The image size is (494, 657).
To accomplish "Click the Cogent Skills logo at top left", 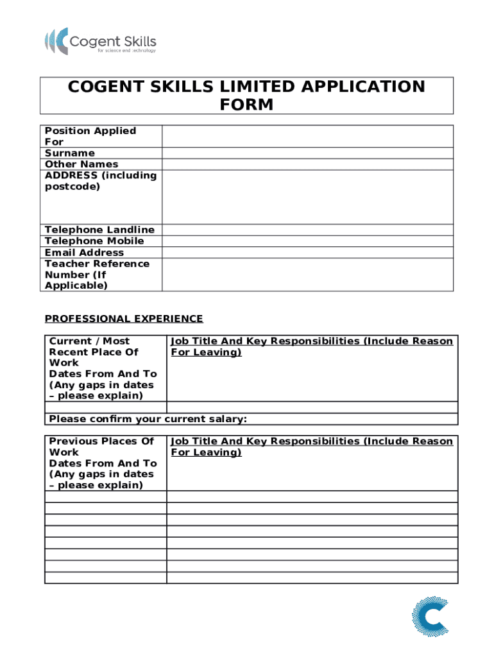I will pyautogui.click(x=100, y=41).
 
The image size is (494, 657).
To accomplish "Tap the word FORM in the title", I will pyautogui.click(x=247, y=105).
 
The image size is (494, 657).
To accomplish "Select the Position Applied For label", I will pyautogui.click(x=90, y=136).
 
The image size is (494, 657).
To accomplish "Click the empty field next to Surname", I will pyautogui.click(x=307, y=153).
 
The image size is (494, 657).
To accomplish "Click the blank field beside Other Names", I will pyautogui.click(x=307, y=164).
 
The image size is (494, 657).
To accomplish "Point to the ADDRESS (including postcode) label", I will pyautogui.click(x=100, y=181).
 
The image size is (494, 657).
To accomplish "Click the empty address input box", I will pyautogui.click(x=307, y=197).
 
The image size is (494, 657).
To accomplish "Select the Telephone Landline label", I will pyautogui.click(x=99, y=230).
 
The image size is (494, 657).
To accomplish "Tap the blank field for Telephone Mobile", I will pyautogui.click(x=307, y=241).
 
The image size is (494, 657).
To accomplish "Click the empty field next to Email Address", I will pyautogui.click(x=307, y=253).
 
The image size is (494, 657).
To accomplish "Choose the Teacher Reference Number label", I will pyautogui.click(x=96, y=275).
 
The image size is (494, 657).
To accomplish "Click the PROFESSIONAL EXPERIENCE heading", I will pyautogui.click(x=123, y=319).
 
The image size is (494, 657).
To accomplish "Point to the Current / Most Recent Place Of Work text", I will pyautogui.click(x=94, y=352).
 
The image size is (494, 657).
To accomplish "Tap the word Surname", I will pyautogui.click(x=69, y=153).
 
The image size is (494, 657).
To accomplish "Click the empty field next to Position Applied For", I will pyautogui.click(x=307, y=136).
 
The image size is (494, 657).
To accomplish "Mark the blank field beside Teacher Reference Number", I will pyautogui.click(x=307, y=275).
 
